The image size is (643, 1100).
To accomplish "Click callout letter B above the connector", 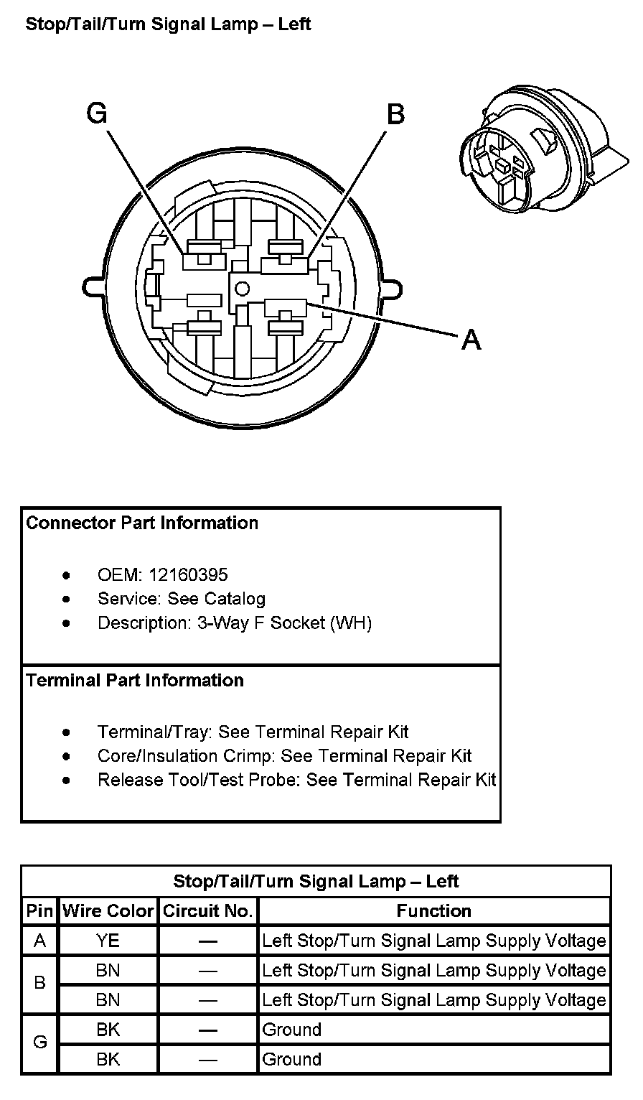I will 395,114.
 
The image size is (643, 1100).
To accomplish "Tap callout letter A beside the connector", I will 471,339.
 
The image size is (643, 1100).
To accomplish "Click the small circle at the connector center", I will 242,289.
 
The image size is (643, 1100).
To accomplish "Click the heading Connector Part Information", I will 142,523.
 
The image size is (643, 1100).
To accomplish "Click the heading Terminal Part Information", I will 135,680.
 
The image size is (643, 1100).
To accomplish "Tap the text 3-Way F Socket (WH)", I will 284,623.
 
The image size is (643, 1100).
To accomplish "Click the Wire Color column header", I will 108,911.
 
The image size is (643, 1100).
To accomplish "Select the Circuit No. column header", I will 208,911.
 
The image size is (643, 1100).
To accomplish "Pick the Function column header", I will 433,911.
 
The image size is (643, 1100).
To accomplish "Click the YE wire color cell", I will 108,941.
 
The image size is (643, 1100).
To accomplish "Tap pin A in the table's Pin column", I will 40,941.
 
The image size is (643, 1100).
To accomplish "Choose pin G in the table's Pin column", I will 40,1044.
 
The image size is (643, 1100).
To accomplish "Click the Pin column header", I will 40,911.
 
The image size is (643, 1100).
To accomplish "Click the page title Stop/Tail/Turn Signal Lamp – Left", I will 168,24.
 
